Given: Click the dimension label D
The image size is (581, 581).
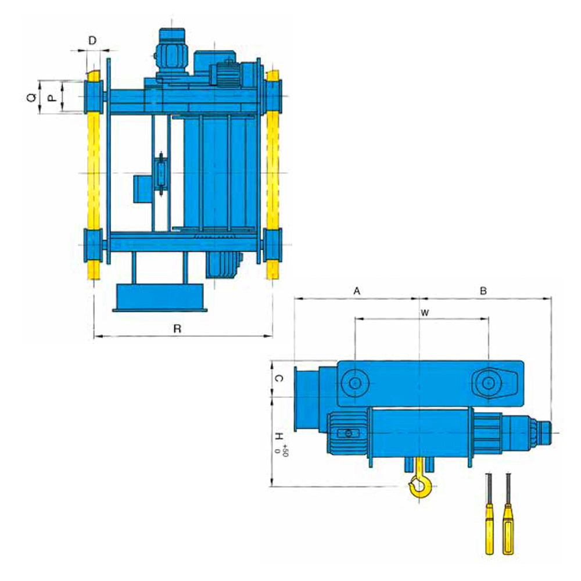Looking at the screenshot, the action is tap(92, 41).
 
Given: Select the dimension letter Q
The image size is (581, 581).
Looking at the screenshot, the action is tap(32, 98).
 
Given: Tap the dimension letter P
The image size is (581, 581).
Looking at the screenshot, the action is tap(53, 98).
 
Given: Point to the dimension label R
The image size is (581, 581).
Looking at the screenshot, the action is tap(177, 329).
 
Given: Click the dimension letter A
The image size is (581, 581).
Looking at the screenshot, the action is tap(357, 291).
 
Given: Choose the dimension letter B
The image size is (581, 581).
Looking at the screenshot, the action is tap(483, 291).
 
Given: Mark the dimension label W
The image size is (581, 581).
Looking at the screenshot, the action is tap(425, 313).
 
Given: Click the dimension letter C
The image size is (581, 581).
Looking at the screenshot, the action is tap(280, 378).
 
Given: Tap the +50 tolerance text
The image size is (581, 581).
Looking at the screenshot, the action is tap(285, 450).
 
